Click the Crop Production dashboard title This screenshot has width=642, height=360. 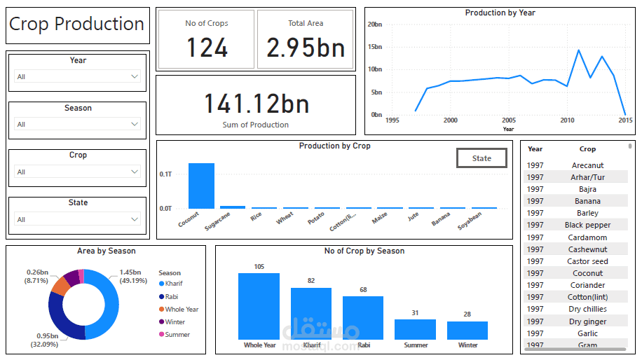[77, 25]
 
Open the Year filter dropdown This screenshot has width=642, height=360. [78, 76]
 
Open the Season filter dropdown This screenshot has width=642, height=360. [78, 124]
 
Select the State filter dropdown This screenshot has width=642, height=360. [78, 219]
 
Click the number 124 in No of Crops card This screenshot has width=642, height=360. [207, 48]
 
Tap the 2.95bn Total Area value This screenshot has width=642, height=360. [306, 48]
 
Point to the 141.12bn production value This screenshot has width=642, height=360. [256, 104]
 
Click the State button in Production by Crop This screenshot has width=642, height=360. [481, 158]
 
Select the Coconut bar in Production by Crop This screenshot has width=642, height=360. [201, 186]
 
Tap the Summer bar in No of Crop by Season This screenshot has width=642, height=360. [415, 329]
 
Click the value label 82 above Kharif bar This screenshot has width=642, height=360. [310, 281]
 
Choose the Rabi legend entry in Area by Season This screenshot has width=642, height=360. [172, 296]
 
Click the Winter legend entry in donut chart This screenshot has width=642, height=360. [175, 322]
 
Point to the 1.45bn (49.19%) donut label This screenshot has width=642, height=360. [132, 276]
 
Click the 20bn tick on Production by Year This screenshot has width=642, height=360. [374, 25]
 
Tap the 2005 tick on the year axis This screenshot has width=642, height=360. [509, 120]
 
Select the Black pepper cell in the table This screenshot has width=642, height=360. [587, 225]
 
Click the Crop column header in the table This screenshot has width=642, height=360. [587, 149]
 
